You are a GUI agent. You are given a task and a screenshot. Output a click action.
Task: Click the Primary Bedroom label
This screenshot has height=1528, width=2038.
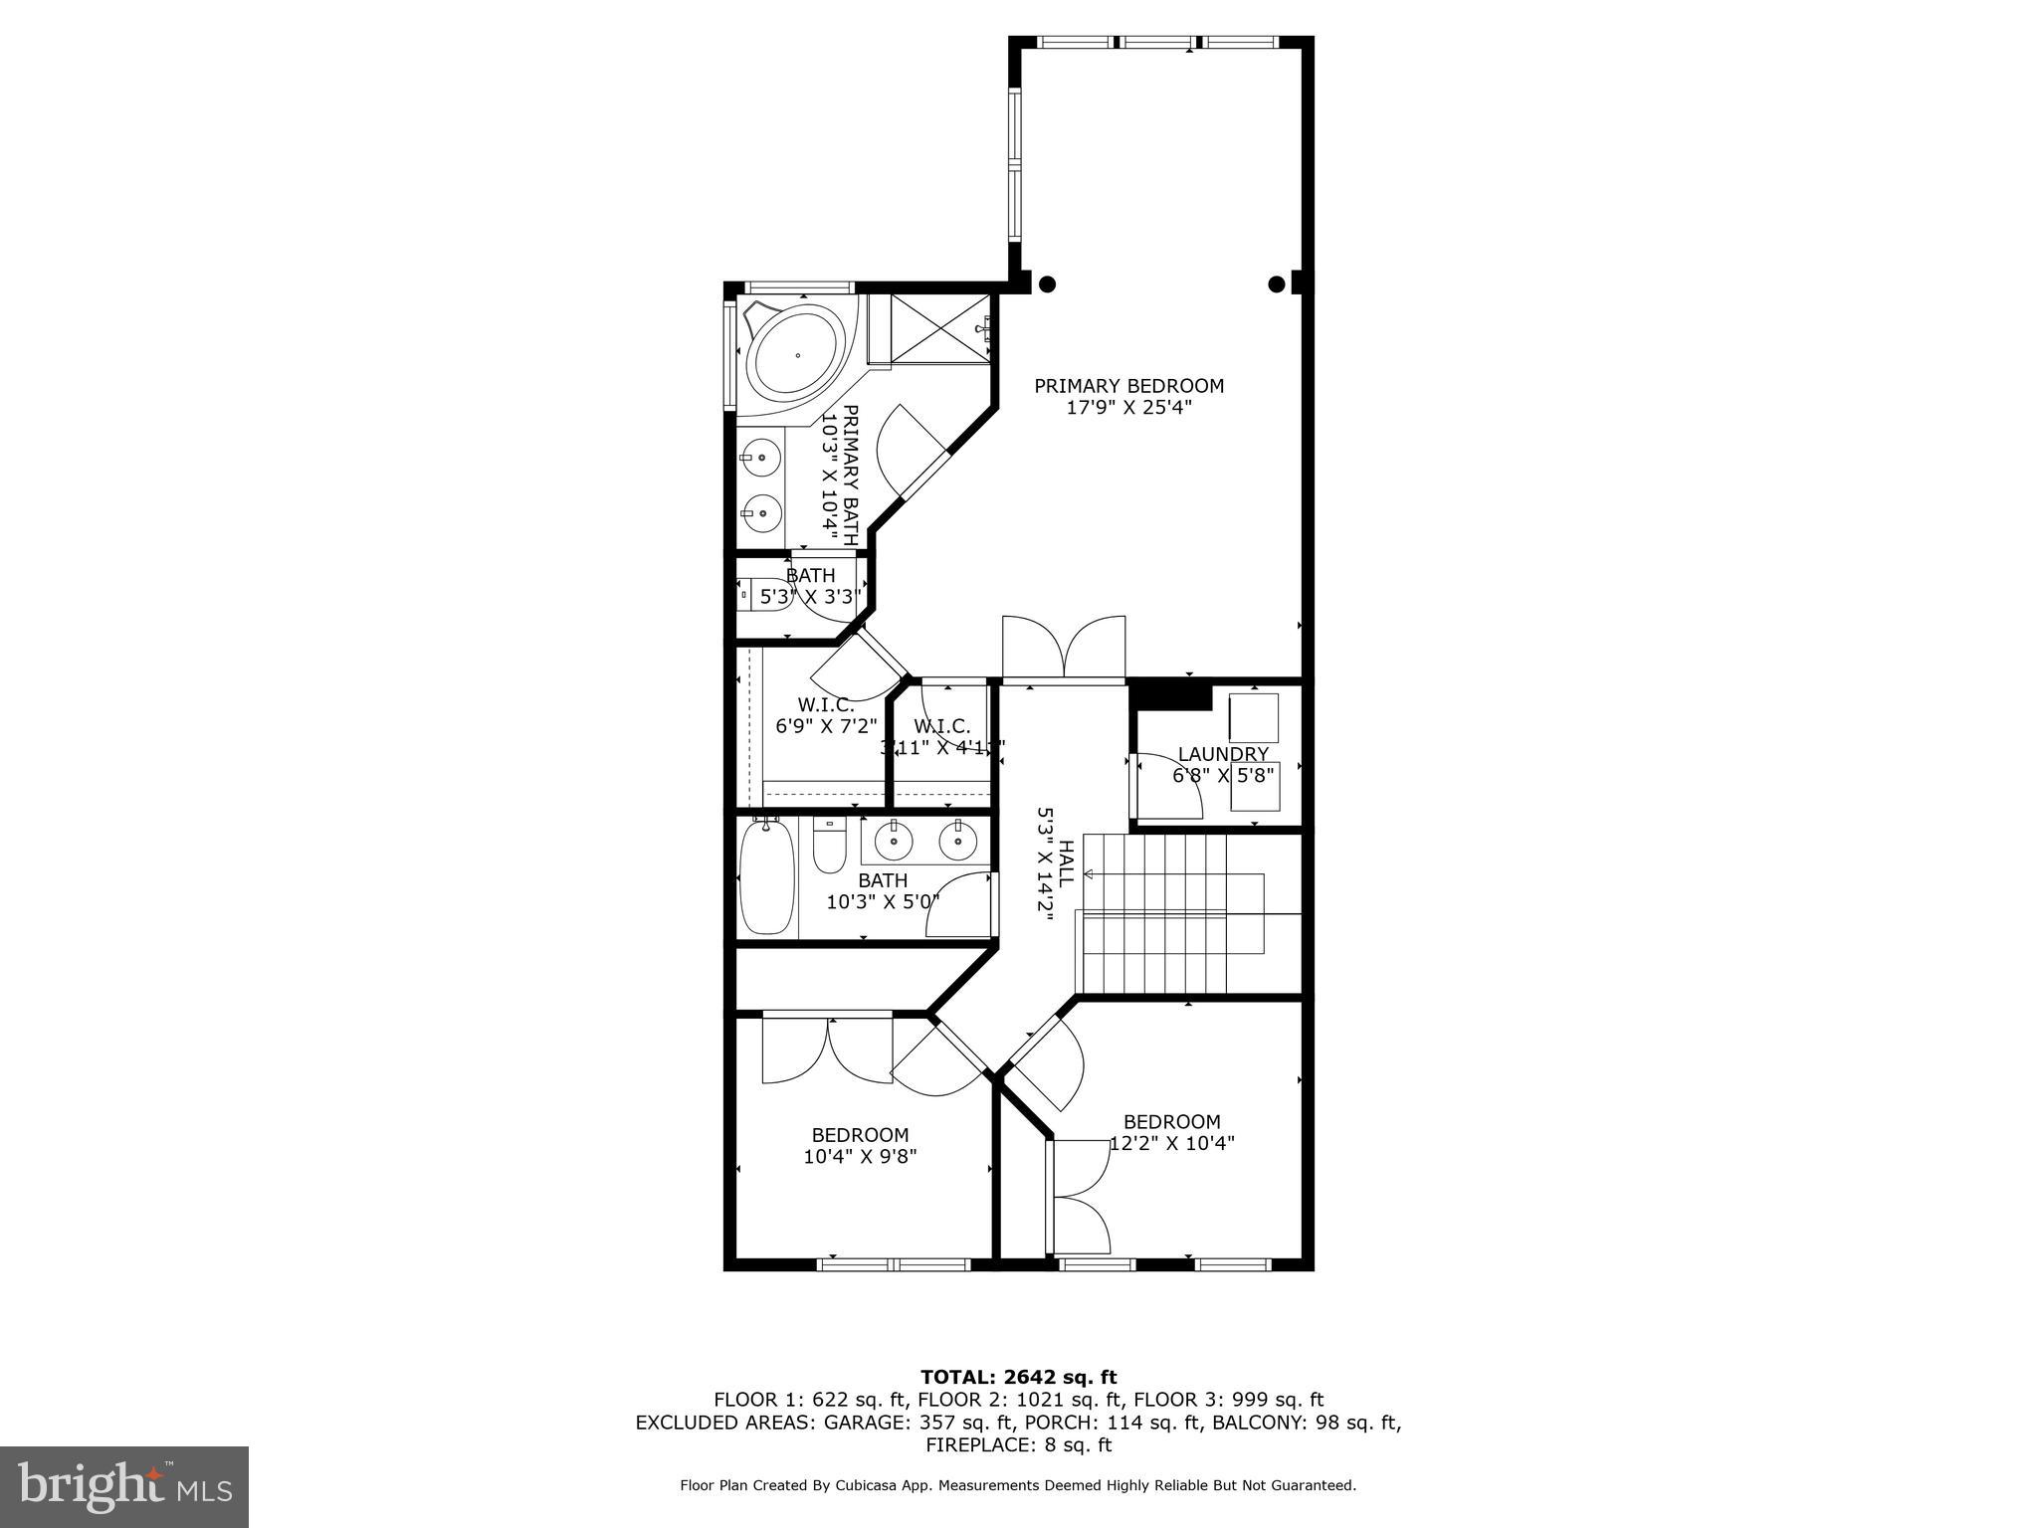(x=1128, y=386)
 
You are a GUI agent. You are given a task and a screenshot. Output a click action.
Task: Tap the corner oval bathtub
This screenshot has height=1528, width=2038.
(x=797, y=355)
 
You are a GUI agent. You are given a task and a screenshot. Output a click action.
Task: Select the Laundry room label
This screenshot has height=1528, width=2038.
(x=1223, y=754)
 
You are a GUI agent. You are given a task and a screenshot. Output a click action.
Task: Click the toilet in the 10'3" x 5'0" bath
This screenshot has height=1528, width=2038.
(x=828, y=848)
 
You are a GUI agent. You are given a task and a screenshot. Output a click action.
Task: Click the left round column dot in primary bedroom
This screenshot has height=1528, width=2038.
(x=1047, y=285)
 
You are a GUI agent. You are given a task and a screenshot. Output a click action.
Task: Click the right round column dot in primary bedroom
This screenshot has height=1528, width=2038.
(x=1277, y=285)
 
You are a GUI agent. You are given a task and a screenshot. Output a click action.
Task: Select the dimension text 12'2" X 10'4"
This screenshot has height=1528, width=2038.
(x=1171, y=1144)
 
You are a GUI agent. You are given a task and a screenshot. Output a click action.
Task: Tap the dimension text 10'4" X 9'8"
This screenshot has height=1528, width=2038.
(x=860, y=1157)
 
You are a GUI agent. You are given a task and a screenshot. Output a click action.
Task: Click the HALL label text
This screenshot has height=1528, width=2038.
(x=1066, y=864)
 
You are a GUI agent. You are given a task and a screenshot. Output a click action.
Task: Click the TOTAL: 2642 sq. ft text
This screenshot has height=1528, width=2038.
(x=1018, y=1377)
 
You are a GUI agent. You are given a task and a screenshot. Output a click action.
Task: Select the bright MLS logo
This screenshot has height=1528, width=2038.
(x=124, y=1487)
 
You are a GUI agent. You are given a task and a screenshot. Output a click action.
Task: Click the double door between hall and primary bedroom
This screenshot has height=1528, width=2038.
(x=1063, y=649)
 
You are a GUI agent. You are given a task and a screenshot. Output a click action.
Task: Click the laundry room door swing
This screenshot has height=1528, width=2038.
(x=1167, y=786)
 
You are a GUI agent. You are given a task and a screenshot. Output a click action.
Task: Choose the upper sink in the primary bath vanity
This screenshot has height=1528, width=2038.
(x=761, y=459)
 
